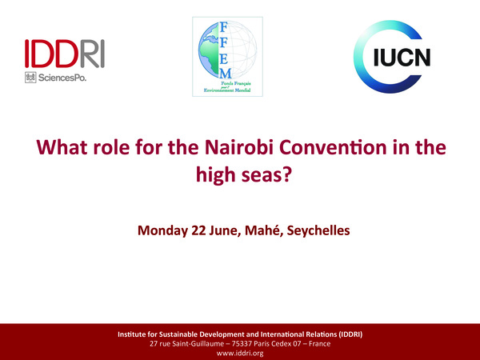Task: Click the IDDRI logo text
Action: tap(65, 53)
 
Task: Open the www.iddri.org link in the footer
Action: tap(240, 353)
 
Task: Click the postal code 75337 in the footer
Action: tap(249, 343)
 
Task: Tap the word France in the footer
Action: tap(318, 343)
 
